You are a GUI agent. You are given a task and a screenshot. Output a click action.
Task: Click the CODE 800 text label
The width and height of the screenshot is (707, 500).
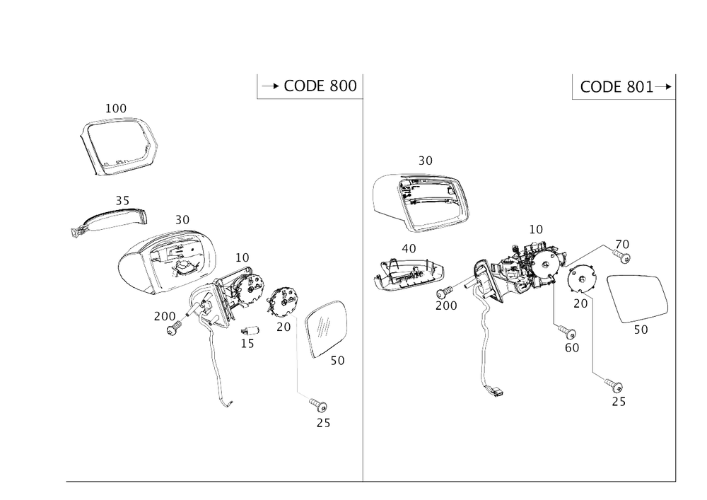click(x=320, y=87)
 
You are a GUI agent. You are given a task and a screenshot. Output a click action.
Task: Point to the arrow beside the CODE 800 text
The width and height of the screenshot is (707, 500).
click(x=271, y=87)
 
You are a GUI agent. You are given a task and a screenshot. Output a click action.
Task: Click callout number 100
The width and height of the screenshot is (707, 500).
click(x=116, y=108)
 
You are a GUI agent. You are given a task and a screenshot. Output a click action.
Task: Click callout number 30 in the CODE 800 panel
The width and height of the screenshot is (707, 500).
click(x=182, y=220)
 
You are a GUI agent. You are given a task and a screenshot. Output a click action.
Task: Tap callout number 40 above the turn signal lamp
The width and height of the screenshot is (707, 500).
click(x=409, y=249)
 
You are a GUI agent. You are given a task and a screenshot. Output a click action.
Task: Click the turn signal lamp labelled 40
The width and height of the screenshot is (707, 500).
click(x=409, y=273)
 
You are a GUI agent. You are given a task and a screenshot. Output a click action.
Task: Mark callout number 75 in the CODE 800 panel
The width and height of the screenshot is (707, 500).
click(x=322, y=424)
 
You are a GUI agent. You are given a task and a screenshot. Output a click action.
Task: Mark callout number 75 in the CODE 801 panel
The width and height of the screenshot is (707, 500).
click(x=619, y=402)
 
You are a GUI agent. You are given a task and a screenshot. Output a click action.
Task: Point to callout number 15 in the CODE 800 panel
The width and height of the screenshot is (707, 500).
click(x=249, y=344)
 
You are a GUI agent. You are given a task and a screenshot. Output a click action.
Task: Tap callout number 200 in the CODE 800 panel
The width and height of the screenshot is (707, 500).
click(x=165, y=316)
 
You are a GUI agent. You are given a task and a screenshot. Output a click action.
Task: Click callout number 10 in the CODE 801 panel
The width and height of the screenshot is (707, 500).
click(x=536, y=229)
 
